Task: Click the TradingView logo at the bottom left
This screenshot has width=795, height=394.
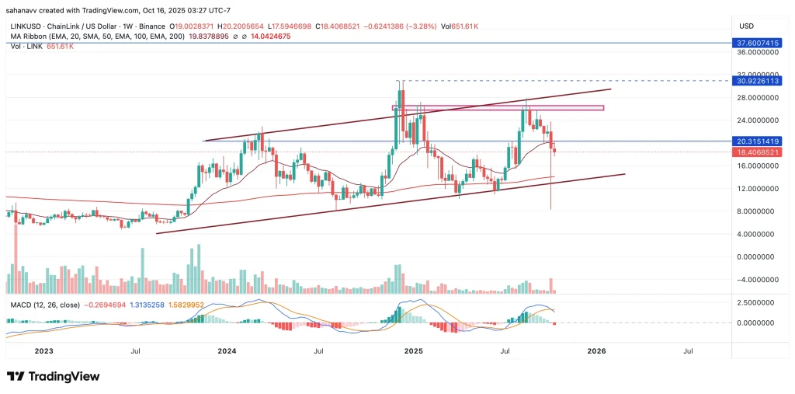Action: [x=54, y=377]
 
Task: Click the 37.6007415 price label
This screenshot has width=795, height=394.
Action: [x=757, y=44]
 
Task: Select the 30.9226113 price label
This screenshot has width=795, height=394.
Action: [x=757, y=81]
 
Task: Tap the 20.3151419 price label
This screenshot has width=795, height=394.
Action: [x=757, y=141]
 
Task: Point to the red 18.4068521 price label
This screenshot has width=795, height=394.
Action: [x=757, y=153]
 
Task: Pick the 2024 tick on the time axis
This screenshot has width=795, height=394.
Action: [x=227, y=351]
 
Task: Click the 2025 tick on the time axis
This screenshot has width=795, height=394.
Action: [x=413, y=351]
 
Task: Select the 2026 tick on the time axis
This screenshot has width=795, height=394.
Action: [x=596, y=351]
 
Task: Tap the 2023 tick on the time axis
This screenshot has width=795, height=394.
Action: [x=43, y=351]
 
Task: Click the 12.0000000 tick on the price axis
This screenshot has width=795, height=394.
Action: [x=757, y=189]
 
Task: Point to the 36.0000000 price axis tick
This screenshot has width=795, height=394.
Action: [x=757, y=53]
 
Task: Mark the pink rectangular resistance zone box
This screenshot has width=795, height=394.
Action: [x=498, y=107]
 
